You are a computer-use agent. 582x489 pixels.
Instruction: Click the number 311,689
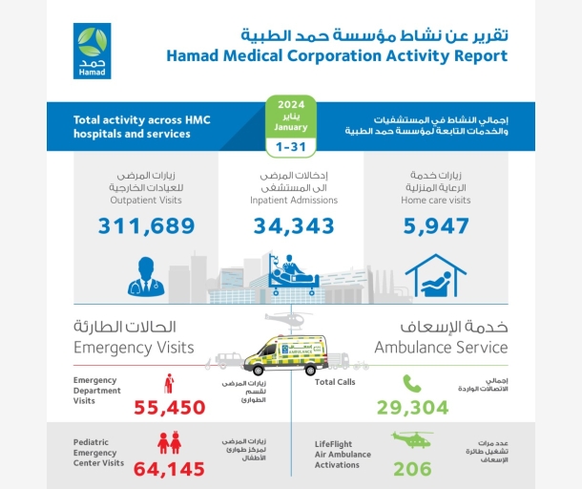pyautogui.click(x=146, y=226)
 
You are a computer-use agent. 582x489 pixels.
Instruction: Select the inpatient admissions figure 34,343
pyautogui.click(x=294, y=226)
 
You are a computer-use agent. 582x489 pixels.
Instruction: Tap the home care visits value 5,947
pyautogui.click(x=435, y=226)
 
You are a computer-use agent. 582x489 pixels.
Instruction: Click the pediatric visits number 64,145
pyautogui.click(x=173, y=469)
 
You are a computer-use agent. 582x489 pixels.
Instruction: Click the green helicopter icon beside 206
pyautogui.click(x=412, y=440)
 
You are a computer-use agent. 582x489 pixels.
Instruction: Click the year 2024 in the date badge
pyautogui.click(x=291, y=105)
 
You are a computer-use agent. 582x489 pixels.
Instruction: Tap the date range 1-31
pyautogui.click(x=291, y=147)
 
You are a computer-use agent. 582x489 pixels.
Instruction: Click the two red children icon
pyautogui.click(x=169, y=442)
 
